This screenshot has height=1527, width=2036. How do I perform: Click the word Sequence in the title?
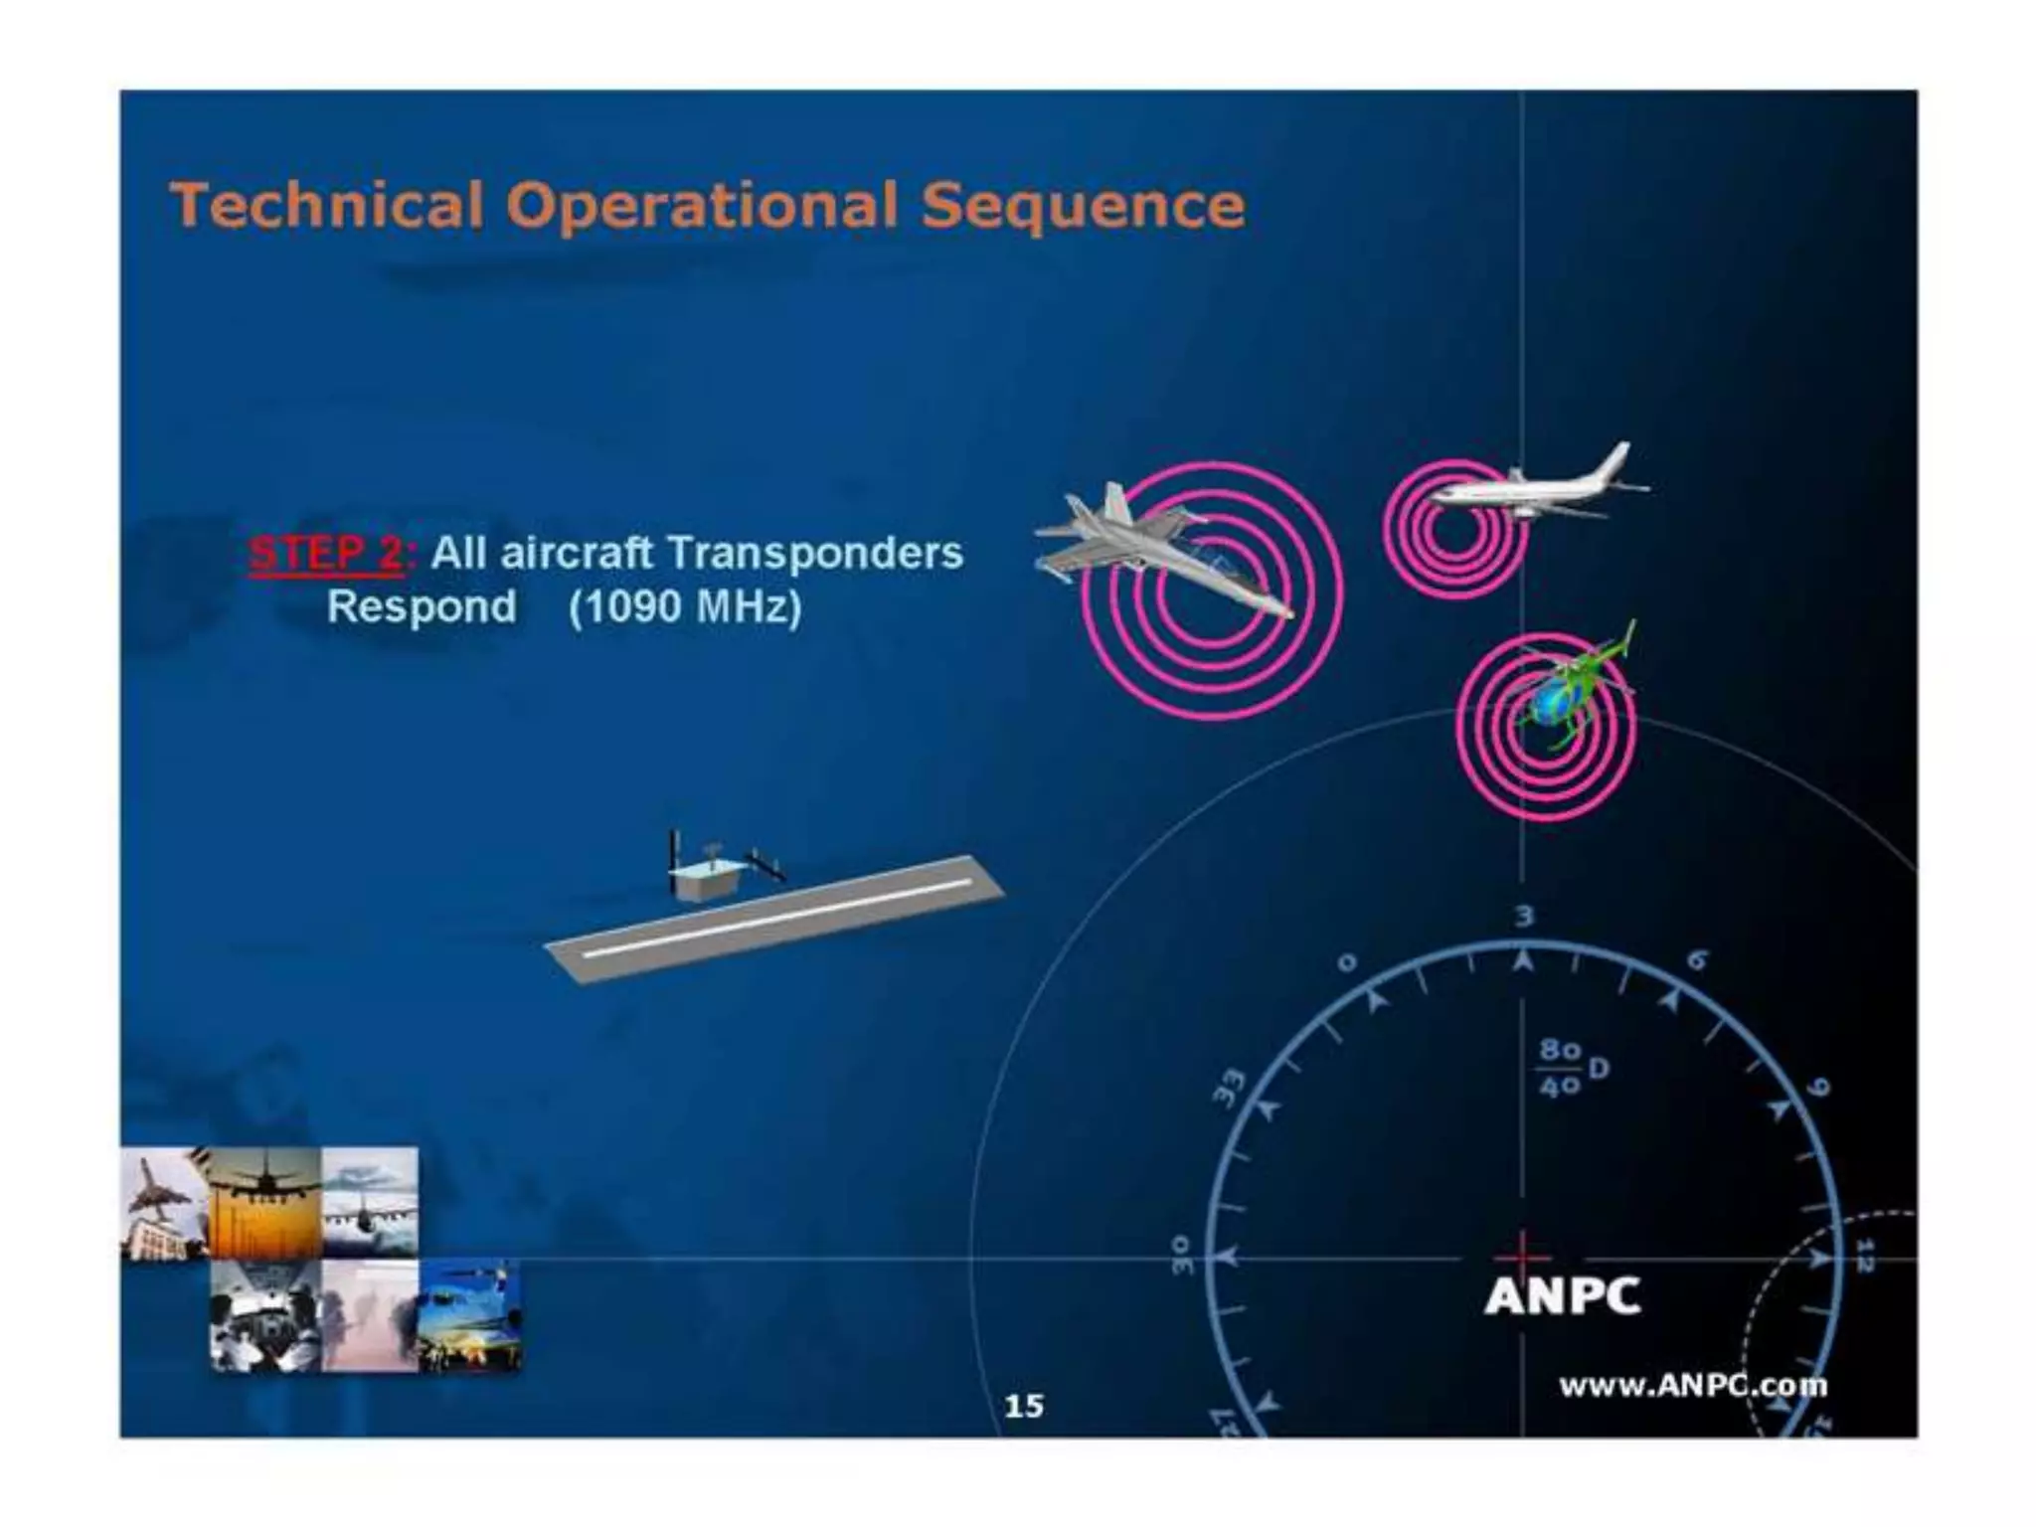point(1083,206)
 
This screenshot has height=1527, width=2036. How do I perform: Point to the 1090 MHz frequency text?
point(685,606)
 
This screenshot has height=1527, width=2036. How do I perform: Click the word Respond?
point(422,606)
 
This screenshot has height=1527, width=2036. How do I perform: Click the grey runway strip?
point(775,920)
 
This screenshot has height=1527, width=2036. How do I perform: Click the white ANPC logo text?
point(1562,1295)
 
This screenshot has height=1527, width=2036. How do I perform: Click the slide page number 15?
point(1024,1406)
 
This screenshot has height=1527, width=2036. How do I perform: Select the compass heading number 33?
point(1231,1086)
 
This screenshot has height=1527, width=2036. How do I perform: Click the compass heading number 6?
point(1698,960)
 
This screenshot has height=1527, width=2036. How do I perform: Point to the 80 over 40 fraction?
point(1560,1068)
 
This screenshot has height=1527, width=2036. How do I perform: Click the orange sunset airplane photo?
point(265,1203)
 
